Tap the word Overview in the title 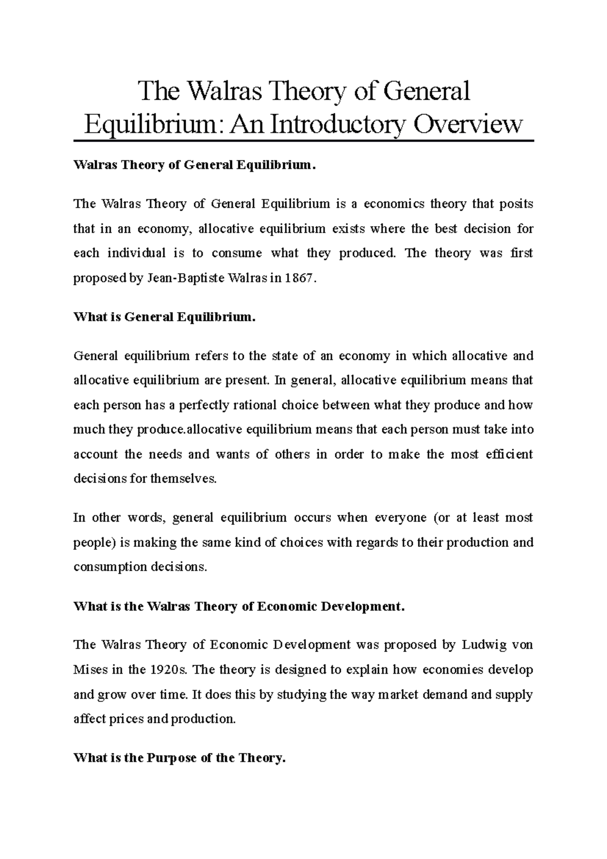pyautogui.click(x=468, y=124)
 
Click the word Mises pyautogui.click(x=91, y=670)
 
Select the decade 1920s pyautogui.click(x=168, y=670)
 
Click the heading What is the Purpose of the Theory pyautogui.click(x=180, y=758)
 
